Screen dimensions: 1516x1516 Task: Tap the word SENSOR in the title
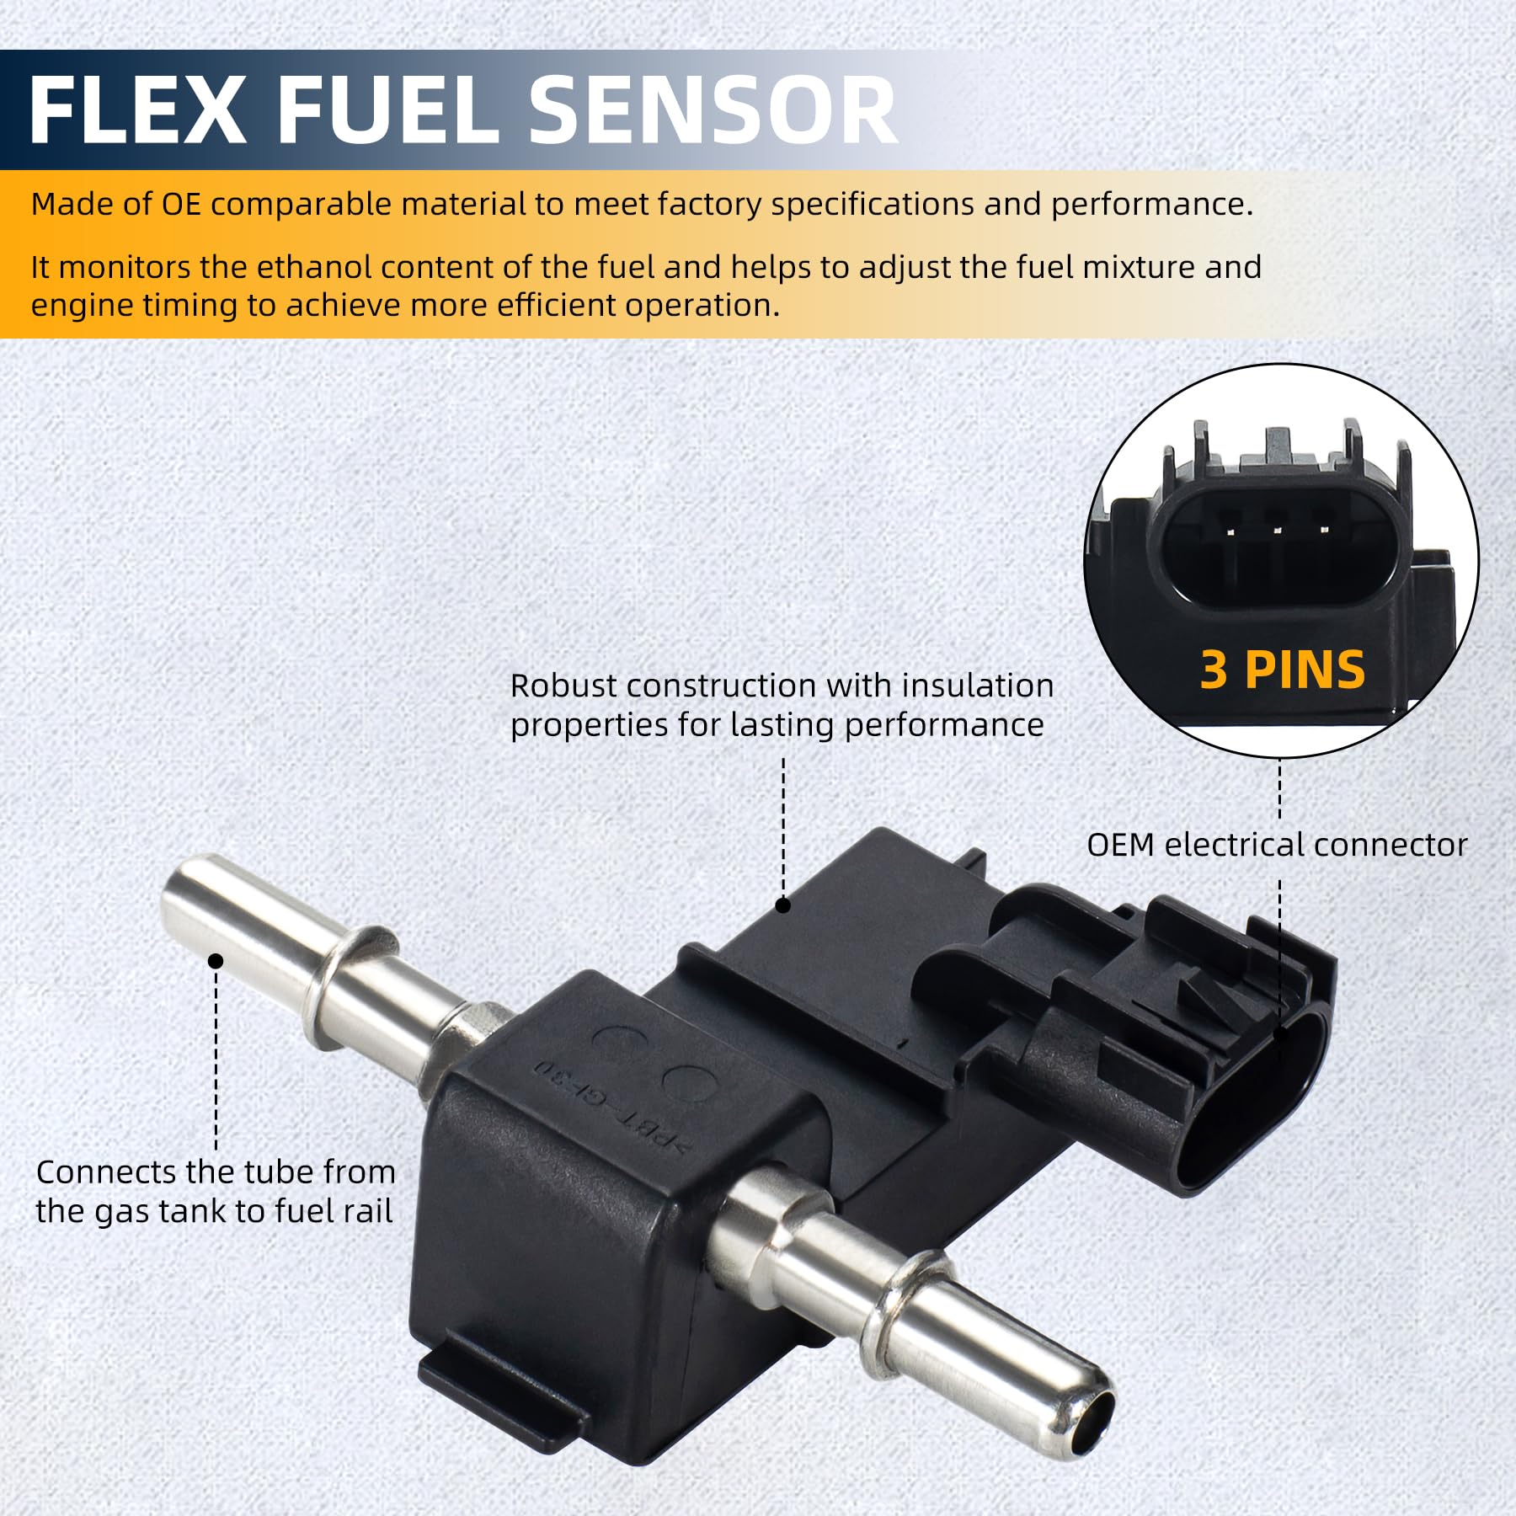[712, 111]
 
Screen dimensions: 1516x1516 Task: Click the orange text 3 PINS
[1282, 670]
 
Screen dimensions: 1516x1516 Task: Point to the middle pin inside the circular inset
[1278, 530]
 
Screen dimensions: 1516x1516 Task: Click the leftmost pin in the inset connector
[1230, 531]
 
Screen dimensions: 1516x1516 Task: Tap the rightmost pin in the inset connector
[1325, 530]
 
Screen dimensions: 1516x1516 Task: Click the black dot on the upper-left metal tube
[216, 961]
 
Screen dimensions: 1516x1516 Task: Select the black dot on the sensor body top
[782, 905]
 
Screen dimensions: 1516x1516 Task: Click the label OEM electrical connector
[1276, 845]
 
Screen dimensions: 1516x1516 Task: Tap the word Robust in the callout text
[563, 686]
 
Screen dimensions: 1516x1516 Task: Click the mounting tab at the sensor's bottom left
[497, 1381]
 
